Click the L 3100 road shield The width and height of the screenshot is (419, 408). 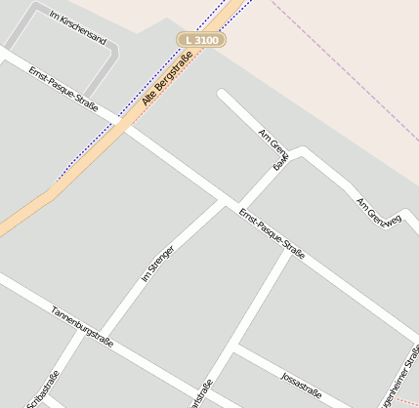pyautogui.click(x=201, y=40)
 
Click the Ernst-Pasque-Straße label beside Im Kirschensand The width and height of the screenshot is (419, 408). pyautogui.click(x=63, y=89)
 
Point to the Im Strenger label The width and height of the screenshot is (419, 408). pyautogui.click(x=157, y=264)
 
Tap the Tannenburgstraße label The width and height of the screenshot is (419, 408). pyautogui.click(x=83, y=326)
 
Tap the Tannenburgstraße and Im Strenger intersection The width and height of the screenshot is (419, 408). pyautogui.click(x=98, y=335)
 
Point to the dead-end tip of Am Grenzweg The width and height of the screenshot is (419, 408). pyautogui.click(x=223, y=95)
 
